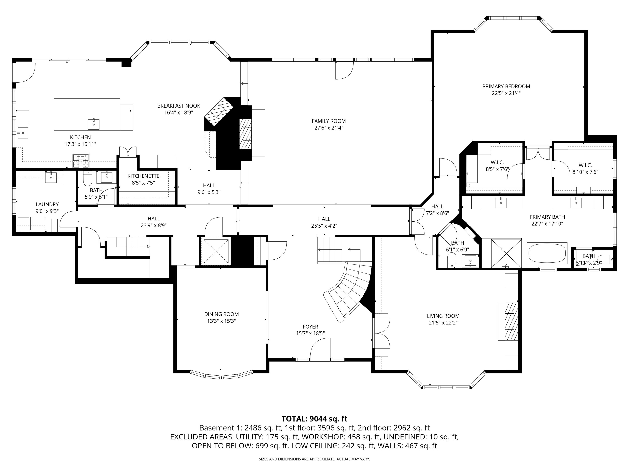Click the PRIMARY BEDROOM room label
tap(506, 86)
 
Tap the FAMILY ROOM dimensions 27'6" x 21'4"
tap(328, 128)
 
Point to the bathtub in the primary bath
tap(547, 253)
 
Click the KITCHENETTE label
tap(143, 176)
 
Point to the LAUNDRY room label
tap(47, 204)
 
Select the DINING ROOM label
tap(221, 314)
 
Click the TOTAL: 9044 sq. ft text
tap(314, 419)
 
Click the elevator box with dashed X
tap(215, 251)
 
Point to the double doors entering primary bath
tap(538, 154)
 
